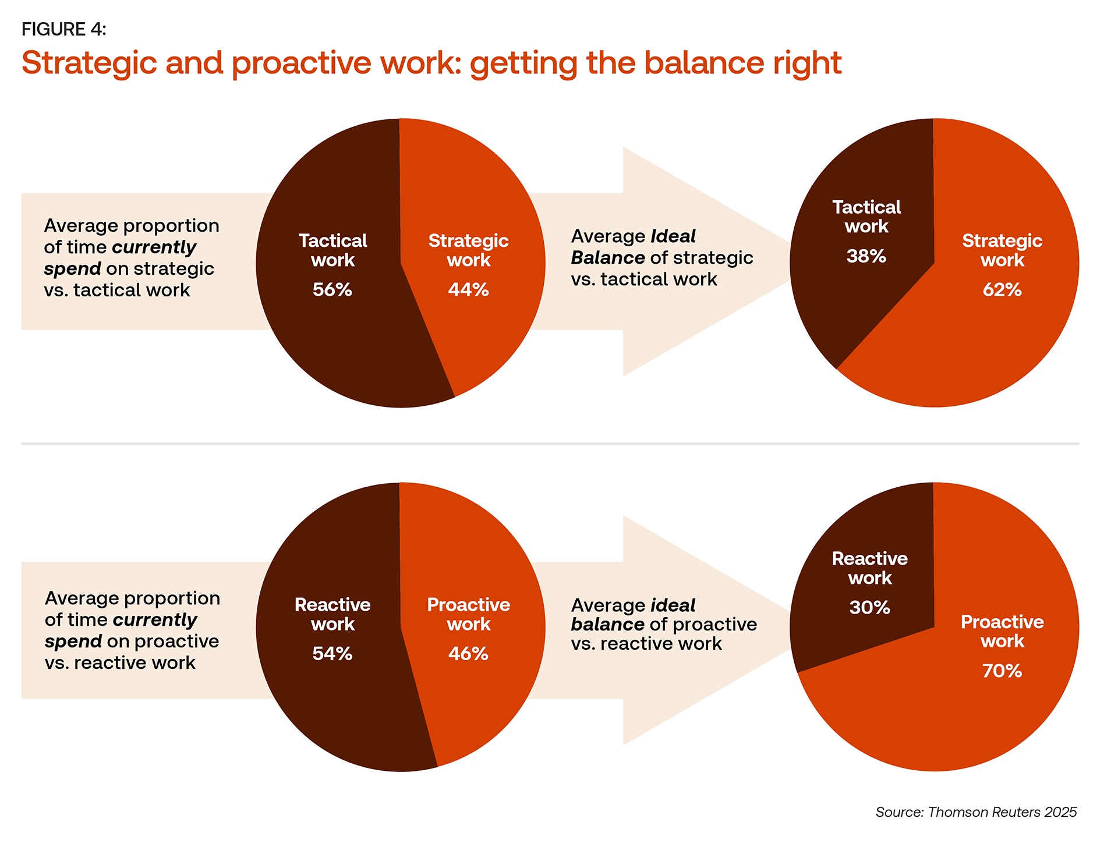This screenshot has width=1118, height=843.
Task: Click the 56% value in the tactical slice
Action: pyautogui.click(x=332, y=290)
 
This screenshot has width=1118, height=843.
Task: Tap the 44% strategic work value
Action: pyautogui.click(x=468, y=290)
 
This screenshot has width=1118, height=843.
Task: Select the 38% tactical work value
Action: pyautogui.click(x=866, y=256)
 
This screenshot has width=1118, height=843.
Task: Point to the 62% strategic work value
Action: pyautogui.click(x=1002, y=290)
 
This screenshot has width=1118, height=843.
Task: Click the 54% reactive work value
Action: pyautogui.click(x=332, y=654)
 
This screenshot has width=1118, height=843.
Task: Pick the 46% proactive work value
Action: pyautogui.click(x=468, y=654)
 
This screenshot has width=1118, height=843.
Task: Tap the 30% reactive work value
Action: pyautogui.click(x=870, y=608)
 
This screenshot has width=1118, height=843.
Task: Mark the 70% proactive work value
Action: pyautogui.click(x=1002, y=671)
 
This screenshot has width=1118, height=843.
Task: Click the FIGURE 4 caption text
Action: pyautogui.click(x=64, y=29)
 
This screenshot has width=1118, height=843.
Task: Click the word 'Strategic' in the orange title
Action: pyautogui.click(x=89, y=63)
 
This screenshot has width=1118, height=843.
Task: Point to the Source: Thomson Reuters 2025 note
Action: pyautogui.click(x=976, y=812)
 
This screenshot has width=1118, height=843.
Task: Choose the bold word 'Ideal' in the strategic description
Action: pyautogui.click(x=673, y=236)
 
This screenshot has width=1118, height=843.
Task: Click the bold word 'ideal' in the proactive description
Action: pyautogui.click(x=673, y=605)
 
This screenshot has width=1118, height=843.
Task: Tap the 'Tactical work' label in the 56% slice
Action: pyautogui.click(x=332, y=250)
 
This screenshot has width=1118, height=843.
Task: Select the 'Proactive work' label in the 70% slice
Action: pyautogui.click(x=1002, y=632)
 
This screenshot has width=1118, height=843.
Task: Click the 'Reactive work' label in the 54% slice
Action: pyautogui.click(x=332, y=614)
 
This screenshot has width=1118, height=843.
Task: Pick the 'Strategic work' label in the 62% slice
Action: pyautogui.click(x=1002, y=250)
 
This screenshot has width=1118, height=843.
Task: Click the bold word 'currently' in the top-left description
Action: pyautogui.click(x=154, y=247)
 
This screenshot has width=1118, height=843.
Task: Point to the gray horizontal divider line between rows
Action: pyautogui.click(x=550, y=444)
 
